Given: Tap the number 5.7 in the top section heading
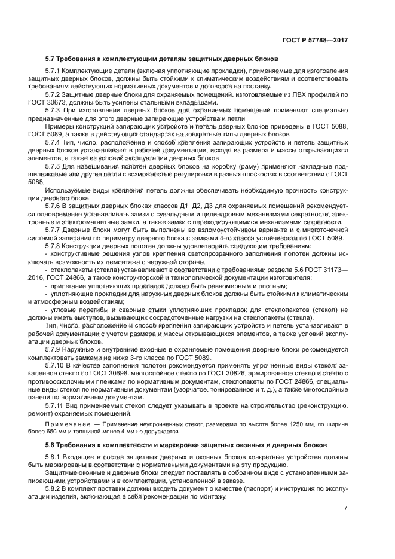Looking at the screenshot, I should coord(51,59).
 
